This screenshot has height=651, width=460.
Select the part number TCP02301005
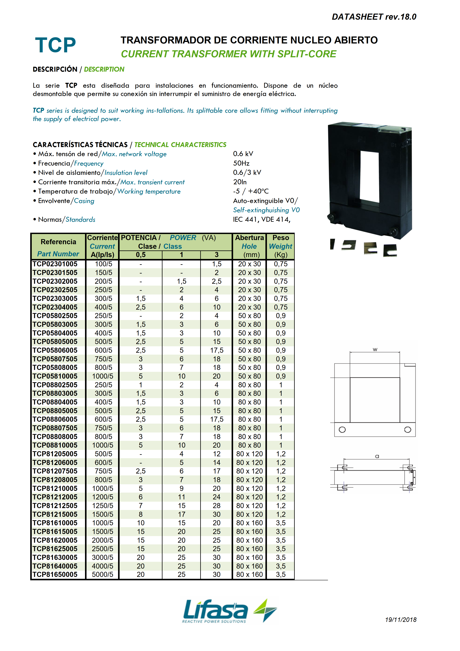click(x=55, y=264)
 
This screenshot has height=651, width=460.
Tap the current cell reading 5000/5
click(x=103, y=574)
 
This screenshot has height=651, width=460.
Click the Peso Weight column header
click(x=280, y=242)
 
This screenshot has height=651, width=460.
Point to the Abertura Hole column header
click(x=249, y=242)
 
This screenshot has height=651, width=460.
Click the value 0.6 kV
click(x=243, y=154)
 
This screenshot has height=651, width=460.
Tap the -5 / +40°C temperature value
click(x=251, y=191)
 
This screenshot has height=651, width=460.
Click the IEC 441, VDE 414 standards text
click(x=261, y=219)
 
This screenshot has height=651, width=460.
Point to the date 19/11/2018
click(x=400, y=620)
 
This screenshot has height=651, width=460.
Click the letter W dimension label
click(x=375, y=350)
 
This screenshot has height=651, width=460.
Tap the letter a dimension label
click(x=377, y=456)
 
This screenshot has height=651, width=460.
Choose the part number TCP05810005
click(x=55, y=376)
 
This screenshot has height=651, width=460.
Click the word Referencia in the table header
click(x=58, y=242)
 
